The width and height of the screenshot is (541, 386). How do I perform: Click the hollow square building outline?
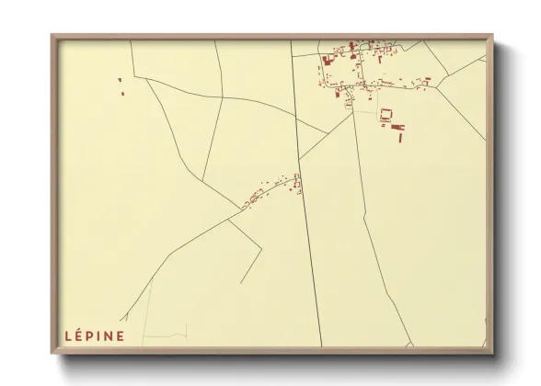[x=386, y=115]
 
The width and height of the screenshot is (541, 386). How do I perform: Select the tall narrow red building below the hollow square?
[x=398, y=135]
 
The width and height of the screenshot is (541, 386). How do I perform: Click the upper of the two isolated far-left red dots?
[x=120, y=81]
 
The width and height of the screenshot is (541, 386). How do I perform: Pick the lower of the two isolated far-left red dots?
[x=121, y=92]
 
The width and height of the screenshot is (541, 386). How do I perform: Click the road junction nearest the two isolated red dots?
[x=144, y=79]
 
